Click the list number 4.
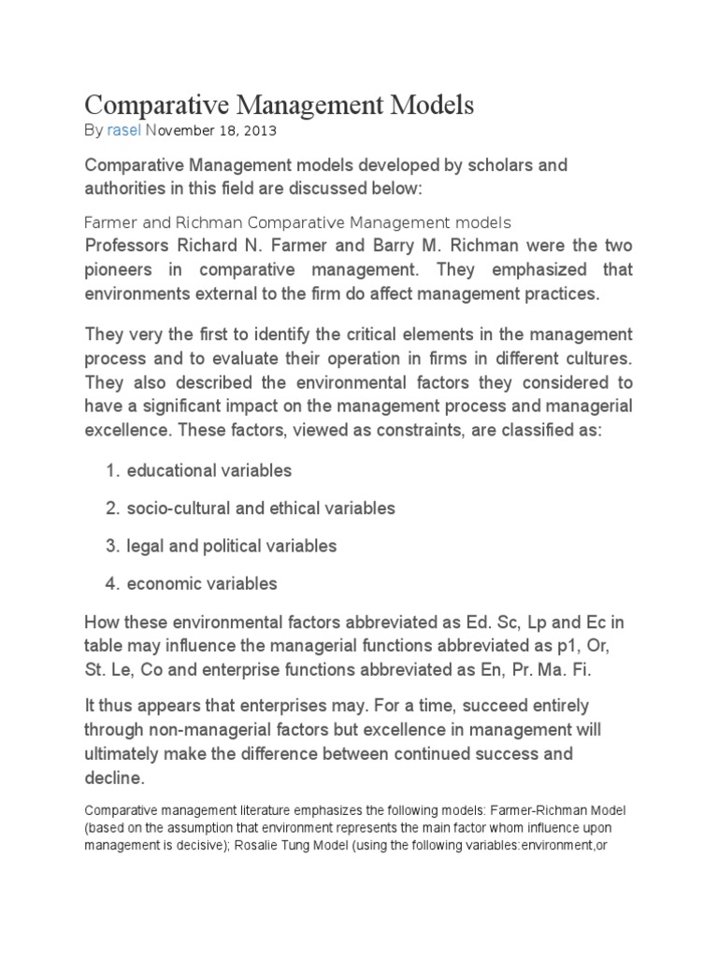tap(111, 584)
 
